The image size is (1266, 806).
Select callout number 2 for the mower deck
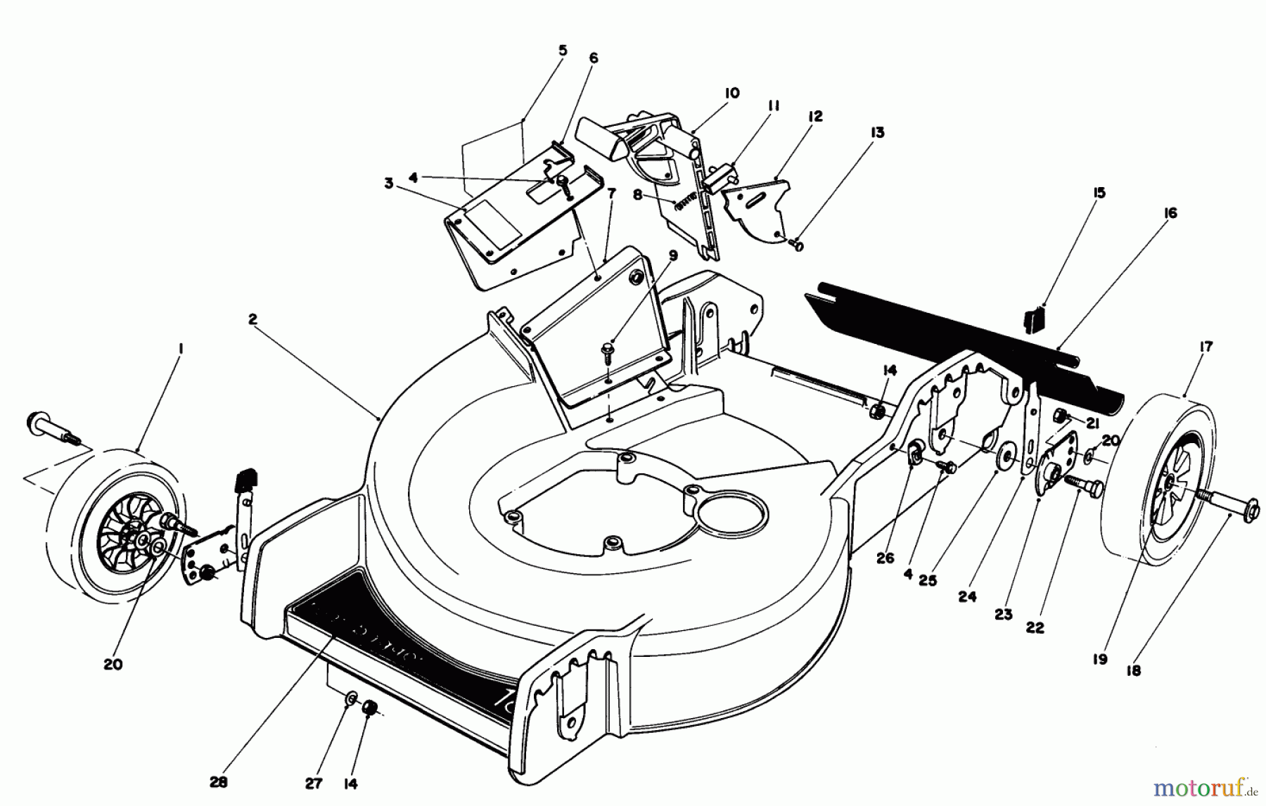(x=252, y=319)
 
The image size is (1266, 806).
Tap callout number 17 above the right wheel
(x=1206, y=347)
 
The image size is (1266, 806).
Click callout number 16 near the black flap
(x=1170, y=213)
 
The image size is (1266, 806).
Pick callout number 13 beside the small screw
(x=877, y=133)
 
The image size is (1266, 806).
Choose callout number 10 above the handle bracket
(x=731, y=93)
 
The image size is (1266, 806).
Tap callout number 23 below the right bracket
(x=1004, y=614)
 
